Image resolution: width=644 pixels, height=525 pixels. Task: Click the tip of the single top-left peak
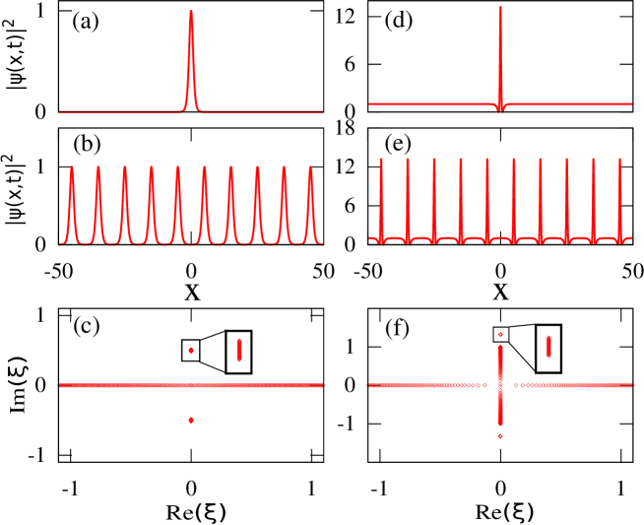(x=191, y=13)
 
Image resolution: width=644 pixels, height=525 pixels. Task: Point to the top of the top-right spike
(x=500, y=9)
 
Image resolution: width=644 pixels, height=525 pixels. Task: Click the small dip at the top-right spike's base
(x=500, y=109)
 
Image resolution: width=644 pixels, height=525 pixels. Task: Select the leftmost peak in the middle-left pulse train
(x=72, y=167)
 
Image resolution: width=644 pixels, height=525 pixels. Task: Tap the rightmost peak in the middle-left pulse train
(x=310, y=167)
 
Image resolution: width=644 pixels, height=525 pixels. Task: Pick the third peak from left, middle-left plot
(x=125, y=167)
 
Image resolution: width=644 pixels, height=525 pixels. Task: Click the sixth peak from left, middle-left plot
(x=205, y=167)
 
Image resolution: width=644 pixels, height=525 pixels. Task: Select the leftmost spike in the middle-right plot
(x=381, y=160)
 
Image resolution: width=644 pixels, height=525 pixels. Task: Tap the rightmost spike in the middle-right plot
(x=619, y=160)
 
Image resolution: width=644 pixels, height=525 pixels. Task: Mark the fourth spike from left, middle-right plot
(x=461, y=160)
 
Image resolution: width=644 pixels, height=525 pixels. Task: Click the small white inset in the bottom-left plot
(x=191, y=351)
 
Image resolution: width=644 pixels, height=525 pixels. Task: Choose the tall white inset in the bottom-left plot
(x=238, y=352)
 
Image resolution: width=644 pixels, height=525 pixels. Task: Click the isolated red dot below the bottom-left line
(x=191, y=420)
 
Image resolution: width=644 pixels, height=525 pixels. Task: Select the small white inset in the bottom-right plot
(x=500, y=334)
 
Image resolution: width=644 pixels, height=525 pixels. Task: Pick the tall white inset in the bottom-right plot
(x=548, y=348)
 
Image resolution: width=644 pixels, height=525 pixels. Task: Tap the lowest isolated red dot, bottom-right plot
(x=500, y=435)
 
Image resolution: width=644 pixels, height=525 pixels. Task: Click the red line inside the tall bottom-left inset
(x=239, y=351)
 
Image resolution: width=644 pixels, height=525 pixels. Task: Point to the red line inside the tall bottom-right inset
(x=548, y=347)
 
